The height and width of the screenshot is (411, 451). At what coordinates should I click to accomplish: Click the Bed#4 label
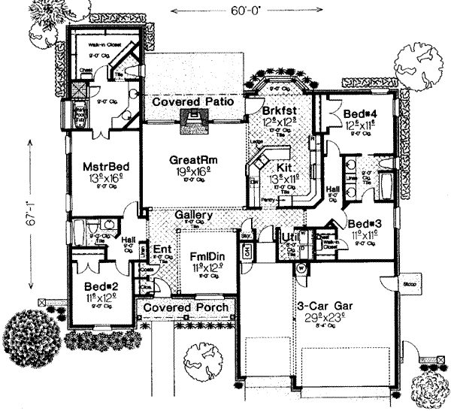pos(359,114)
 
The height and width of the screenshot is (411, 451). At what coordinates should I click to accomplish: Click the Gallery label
pos(193,215)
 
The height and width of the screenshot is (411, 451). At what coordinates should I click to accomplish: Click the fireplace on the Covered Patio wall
pos(195,119)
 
